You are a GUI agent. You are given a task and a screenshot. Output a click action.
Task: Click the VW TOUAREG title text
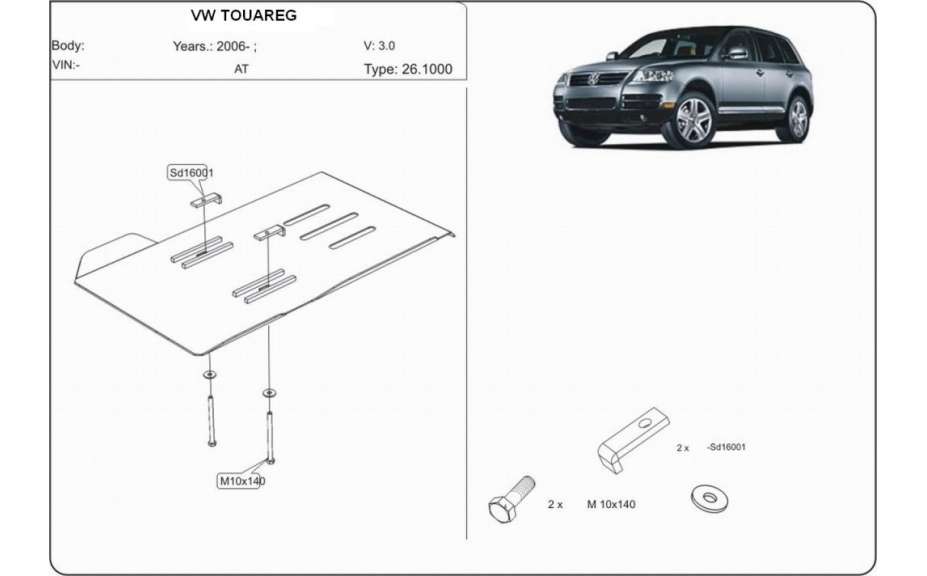tap(243, 16)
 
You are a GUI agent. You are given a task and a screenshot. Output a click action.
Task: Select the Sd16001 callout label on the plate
tap(190, 173)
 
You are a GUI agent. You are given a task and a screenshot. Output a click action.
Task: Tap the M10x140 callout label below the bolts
tap(242, 480)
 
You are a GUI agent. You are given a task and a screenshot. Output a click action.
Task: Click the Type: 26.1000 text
tap(408, 69)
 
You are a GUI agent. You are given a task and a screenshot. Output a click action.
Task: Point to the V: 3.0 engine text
tap(379, 45)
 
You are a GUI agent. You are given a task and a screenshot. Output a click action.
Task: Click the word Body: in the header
tap(67, 45)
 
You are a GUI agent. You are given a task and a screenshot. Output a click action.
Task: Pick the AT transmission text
tap(242, 70)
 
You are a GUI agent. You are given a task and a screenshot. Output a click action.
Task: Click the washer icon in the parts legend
tap(709, 498)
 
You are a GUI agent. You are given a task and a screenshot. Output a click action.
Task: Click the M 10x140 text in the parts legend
tap(610, 504)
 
